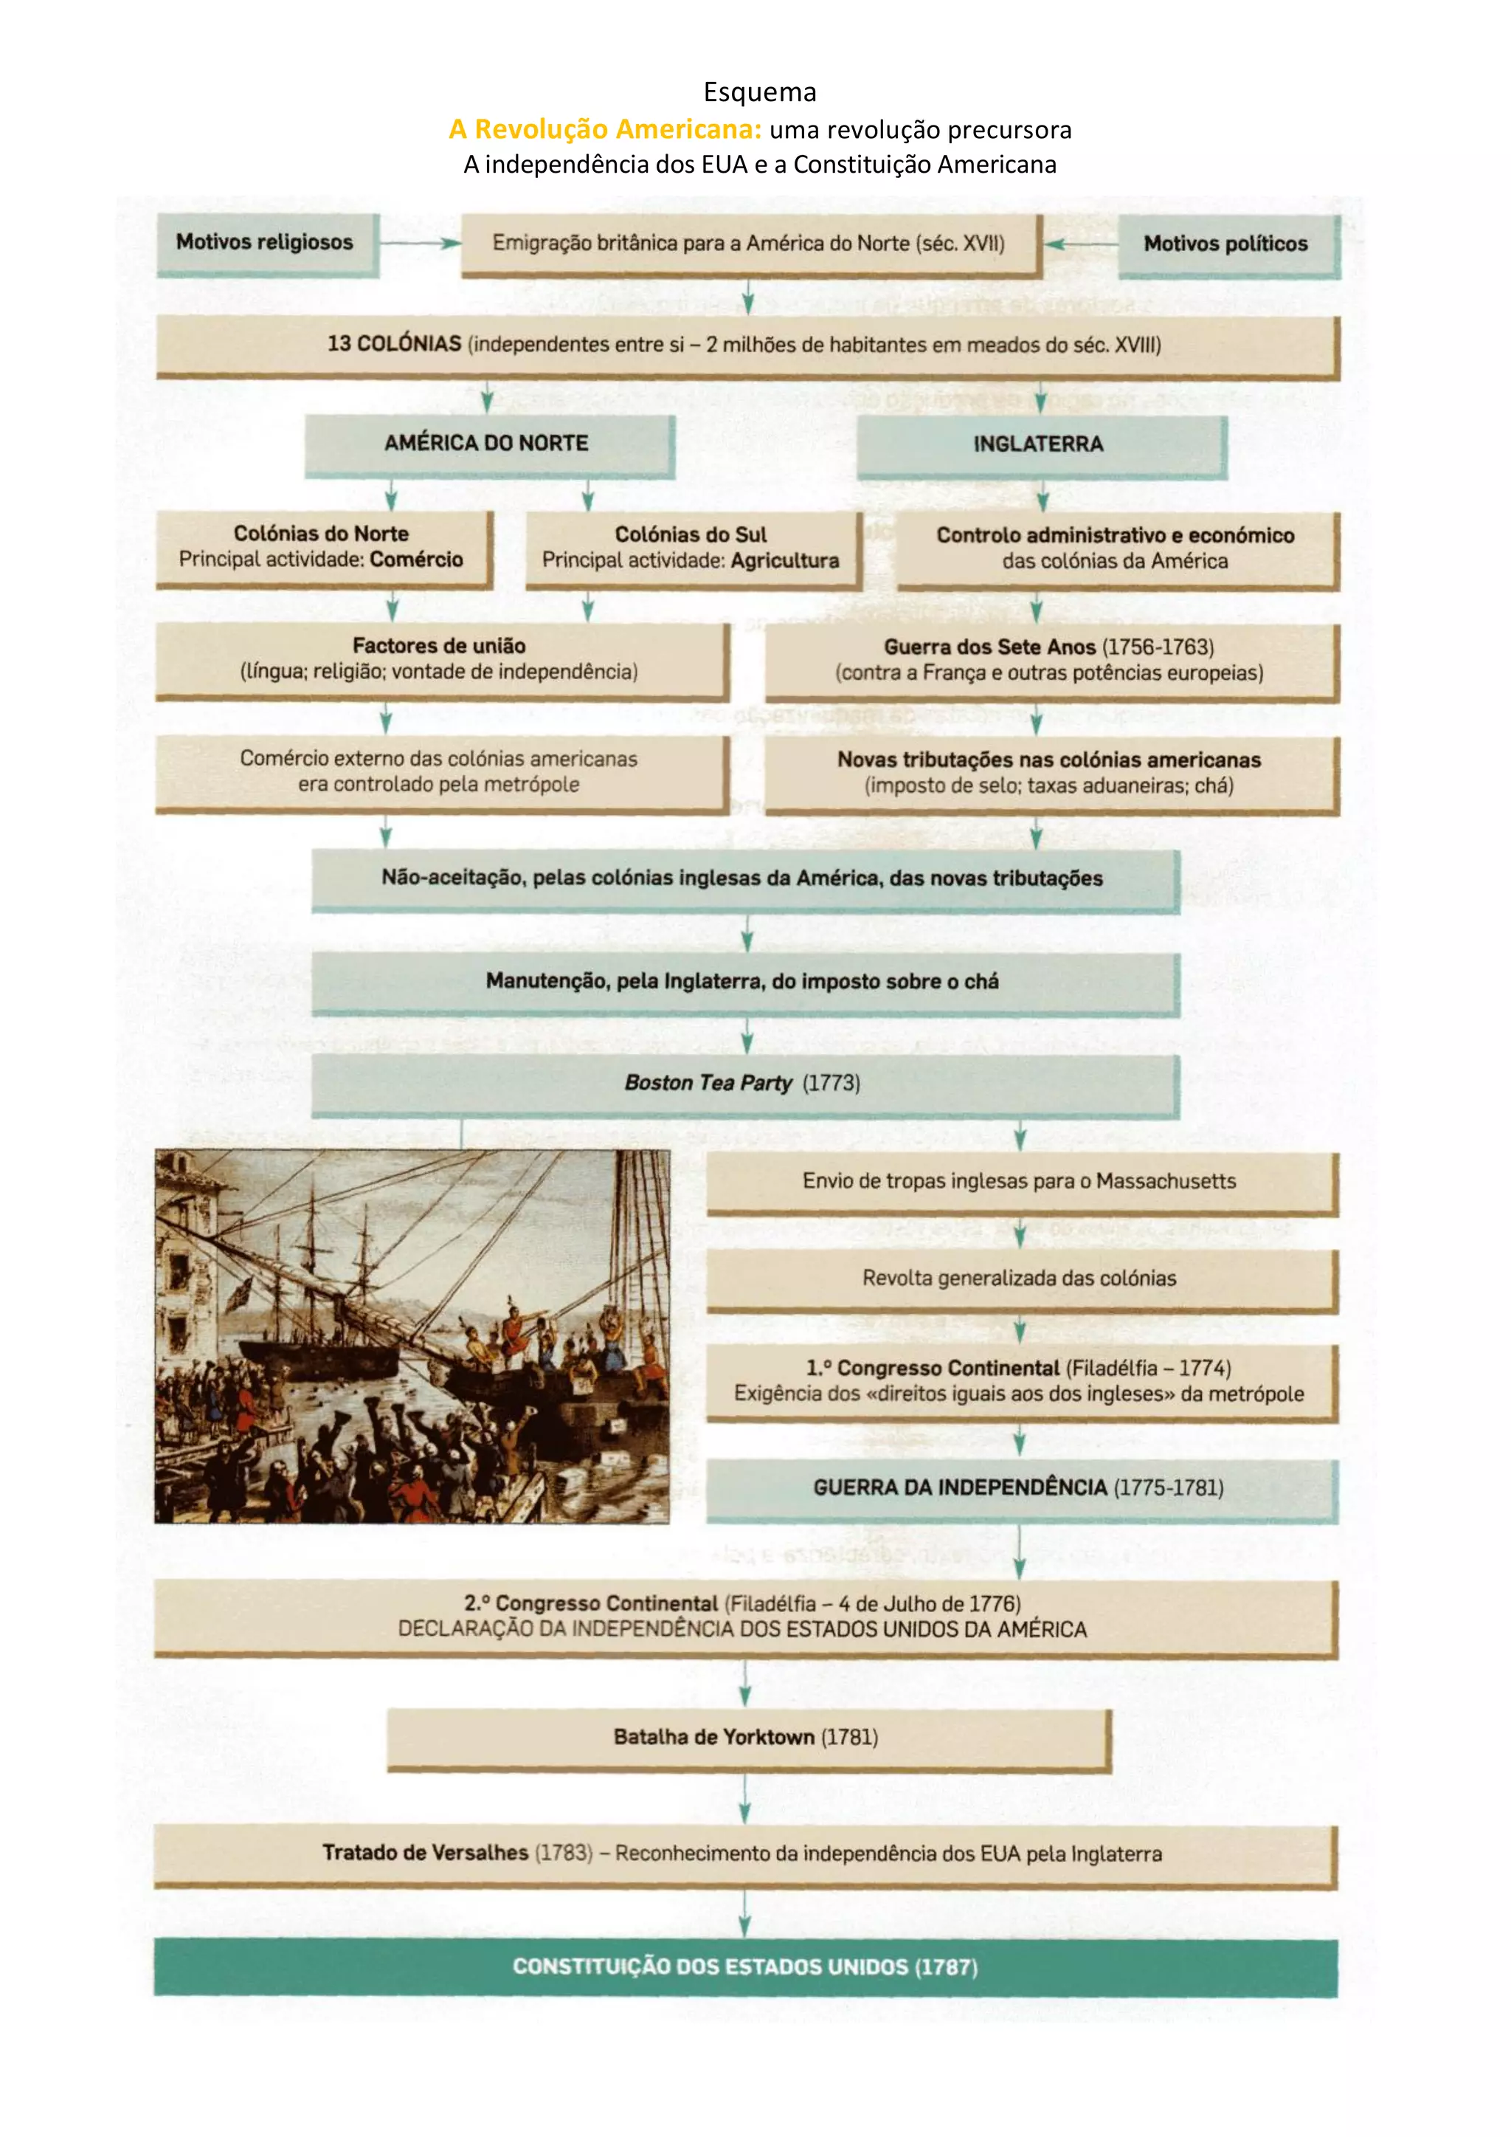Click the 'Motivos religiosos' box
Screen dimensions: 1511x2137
tap(267, 244)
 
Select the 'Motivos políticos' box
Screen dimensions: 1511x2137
tap(1227, 245)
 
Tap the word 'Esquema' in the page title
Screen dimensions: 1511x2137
tap(759, 92)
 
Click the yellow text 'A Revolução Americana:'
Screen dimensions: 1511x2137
tap(605, 129)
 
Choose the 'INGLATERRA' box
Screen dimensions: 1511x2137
tap(1040, 445)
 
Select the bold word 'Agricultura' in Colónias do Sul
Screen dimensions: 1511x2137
tap(784, 560)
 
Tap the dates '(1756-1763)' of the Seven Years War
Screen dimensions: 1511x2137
tap(1158, 647)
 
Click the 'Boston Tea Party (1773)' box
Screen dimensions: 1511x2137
tap(744, 1084)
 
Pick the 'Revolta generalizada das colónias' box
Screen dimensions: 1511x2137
tap(1020, 1279)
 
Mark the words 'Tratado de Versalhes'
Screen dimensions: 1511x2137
tap(425, 1853)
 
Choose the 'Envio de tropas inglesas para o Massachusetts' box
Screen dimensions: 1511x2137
tap(1020, 1182)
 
